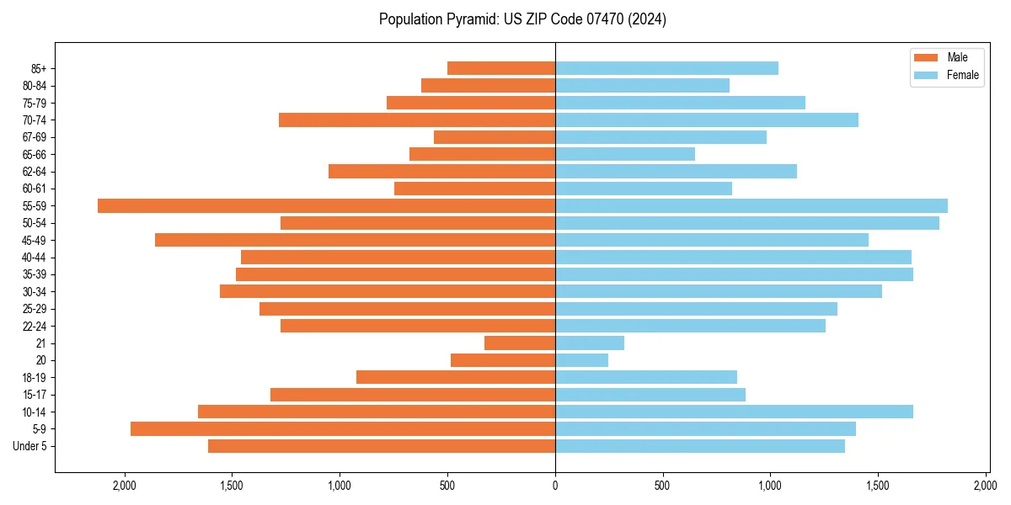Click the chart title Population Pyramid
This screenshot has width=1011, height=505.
(522, 19)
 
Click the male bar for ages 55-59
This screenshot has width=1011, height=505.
(326, 206)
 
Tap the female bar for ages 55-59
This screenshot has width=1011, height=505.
(752, 206)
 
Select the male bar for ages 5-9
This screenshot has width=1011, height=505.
(343, 429)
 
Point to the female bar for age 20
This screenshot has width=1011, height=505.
(581, 360)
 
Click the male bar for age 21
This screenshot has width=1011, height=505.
(520, 343)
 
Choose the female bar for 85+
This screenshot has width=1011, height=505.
(666, 68)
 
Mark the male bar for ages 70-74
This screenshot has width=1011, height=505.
(417, 120)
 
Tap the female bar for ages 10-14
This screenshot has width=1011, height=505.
(734, 412)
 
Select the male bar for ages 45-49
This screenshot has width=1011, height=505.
(355, 240)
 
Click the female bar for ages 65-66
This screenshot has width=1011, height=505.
(625, 154)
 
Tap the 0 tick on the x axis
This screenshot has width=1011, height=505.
(555, 486)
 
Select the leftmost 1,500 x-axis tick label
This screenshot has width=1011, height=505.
(232, 486)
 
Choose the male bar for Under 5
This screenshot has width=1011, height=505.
(382, 446)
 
